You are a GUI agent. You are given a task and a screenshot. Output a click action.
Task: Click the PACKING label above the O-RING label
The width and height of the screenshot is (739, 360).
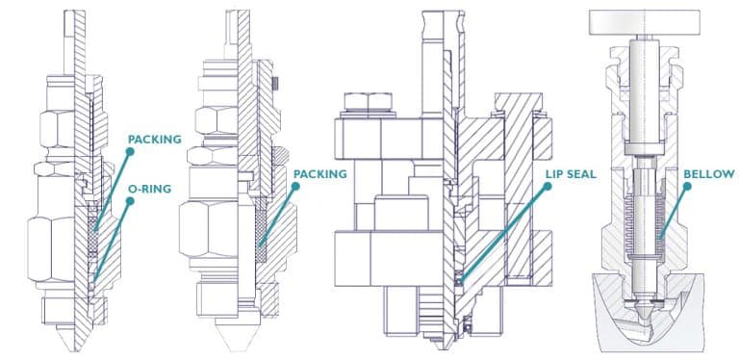click(154, 140)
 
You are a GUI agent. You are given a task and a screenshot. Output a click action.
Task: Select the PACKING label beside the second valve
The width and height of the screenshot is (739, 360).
click(320, 174)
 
